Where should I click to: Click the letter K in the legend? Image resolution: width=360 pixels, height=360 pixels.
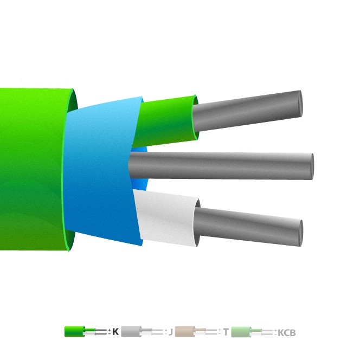(115, 332)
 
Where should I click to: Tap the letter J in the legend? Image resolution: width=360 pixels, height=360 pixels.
(170, 332)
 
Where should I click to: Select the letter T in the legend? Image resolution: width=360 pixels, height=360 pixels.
(226, 332)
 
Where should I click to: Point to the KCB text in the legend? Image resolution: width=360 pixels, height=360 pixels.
(287, 332)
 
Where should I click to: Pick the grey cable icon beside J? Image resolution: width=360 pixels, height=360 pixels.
(131, 331)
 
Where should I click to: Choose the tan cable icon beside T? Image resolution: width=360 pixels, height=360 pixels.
(185, 331)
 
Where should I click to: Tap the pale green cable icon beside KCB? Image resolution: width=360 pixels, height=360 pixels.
(242, 331)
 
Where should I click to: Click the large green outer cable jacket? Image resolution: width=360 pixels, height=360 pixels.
(33, 168)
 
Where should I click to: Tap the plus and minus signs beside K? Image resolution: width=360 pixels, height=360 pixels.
(109, 332)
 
